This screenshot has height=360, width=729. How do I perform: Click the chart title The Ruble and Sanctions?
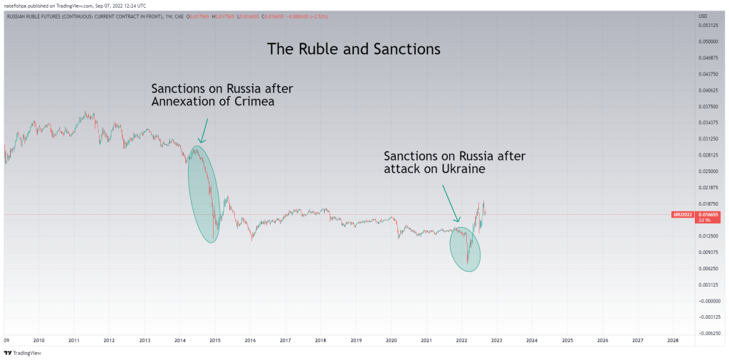pos(354,49)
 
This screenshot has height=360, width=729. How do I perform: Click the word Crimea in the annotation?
pos(251,101)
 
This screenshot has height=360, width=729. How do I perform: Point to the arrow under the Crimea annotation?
pos(204,130)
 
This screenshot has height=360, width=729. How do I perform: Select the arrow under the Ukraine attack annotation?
pos(451,202)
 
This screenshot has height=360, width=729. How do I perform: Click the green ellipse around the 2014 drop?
pos(203,194)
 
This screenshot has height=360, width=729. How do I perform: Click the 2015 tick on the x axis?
pos(214,341)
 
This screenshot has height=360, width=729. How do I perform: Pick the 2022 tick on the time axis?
pos(461,341)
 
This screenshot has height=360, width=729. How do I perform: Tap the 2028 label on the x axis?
pos(672,341)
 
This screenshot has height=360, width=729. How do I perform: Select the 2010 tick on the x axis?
pos(38,341)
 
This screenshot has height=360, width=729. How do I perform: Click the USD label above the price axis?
pos(702,16)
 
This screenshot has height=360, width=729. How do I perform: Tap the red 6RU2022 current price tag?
pos(687,214)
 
